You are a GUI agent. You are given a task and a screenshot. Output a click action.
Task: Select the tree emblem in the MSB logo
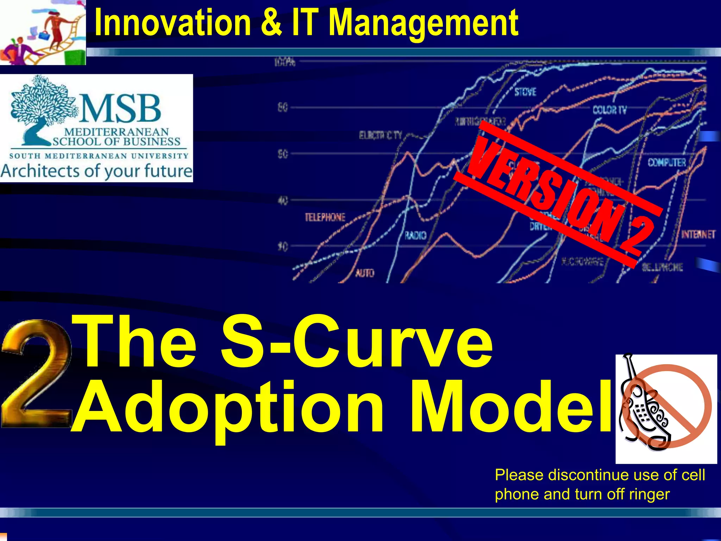[x=42, y=106]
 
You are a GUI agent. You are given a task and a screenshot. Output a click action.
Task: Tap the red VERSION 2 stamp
[x=560, y=194]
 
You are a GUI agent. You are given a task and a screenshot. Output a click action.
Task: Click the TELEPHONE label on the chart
[x=325, y=217]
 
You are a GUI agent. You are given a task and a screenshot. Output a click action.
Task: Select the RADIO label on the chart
[x=415, y=235]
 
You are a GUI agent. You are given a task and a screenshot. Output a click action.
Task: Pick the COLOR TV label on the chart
[x=609, y=110]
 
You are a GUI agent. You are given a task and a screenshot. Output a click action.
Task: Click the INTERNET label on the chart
[x=698, y=235]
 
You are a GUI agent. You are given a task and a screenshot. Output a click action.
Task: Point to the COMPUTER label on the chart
[x=667, y=162]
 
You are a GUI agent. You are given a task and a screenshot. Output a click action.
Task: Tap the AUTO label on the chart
[x=365, y=273]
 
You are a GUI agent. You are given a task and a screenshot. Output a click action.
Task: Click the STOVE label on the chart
[x=525, y=92]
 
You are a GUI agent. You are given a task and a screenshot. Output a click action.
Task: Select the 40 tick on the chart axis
[x=283, y=201]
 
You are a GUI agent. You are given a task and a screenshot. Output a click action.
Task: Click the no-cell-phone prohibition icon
[x=666, y=409]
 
